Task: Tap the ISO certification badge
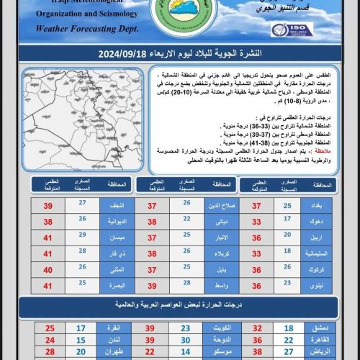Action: pos(291,30)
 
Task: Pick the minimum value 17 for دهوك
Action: pos(287,222)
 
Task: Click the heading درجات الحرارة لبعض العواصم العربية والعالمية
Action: pos(180,305)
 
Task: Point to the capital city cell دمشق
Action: pos(321,328)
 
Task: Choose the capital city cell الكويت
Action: pos(220,328)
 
